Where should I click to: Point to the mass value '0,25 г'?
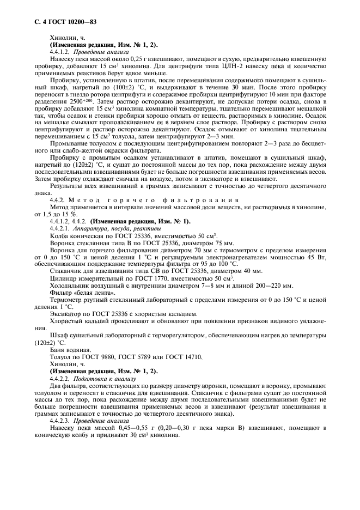click(x=132, y=62)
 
